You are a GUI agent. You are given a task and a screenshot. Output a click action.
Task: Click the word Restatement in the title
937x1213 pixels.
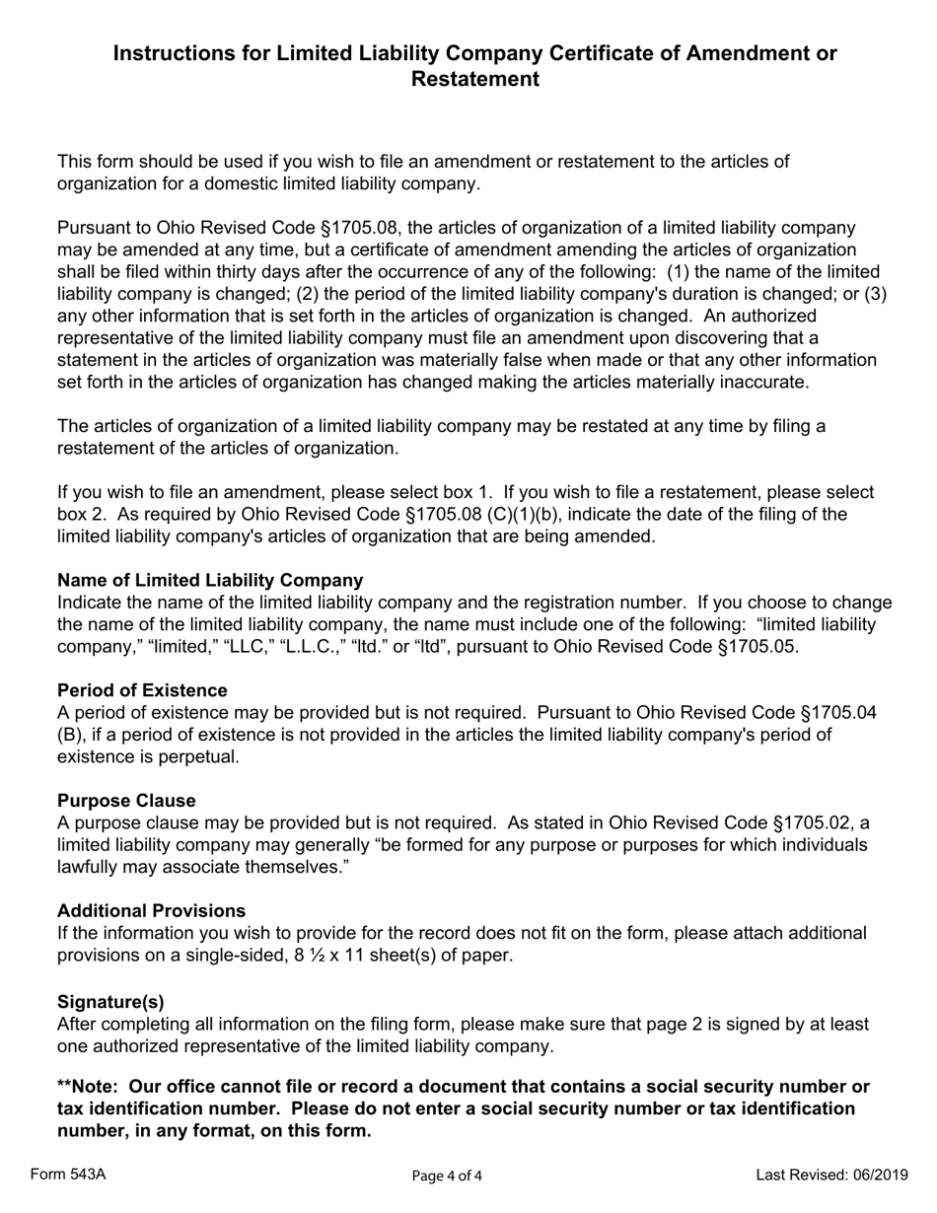coord(474,79)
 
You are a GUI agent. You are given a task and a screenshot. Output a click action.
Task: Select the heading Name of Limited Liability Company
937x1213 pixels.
coord(210,580)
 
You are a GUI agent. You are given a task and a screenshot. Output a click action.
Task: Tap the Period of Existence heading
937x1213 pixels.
coord(142,690)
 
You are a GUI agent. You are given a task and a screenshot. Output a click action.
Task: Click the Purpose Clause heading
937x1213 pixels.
coord(126,801)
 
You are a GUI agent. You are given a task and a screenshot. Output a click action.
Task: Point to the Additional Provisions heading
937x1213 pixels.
coord(151,910)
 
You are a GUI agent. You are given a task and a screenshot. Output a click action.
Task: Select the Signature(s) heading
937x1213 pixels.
coord(110,1002)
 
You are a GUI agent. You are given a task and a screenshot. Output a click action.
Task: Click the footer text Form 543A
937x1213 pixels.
coord(68,1174)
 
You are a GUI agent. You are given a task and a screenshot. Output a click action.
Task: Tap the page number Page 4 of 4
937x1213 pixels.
coord(447,1176)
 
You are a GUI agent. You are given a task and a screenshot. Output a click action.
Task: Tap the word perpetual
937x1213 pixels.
coord(203,756)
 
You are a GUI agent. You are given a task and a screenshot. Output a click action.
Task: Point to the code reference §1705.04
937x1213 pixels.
coord(829,712)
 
